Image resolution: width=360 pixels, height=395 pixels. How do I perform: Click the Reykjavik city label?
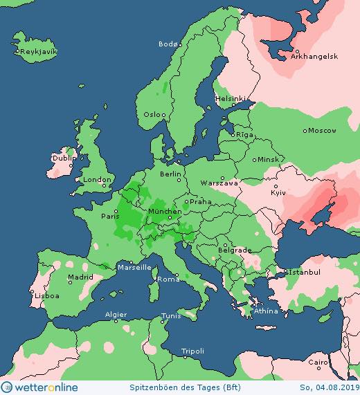pos(39,52)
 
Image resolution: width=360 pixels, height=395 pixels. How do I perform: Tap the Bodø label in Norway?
pos(168,44)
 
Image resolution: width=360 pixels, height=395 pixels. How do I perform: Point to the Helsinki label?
pos(230,98)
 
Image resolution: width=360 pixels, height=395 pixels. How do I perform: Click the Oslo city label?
pos(154,114)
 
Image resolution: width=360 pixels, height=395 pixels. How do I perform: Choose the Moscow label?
pos(322,130)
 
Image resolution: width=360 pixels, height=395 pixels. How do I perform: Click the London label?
pos(93,179)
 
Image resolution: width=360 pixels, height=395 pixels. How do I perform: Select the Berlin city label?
pos(170,174)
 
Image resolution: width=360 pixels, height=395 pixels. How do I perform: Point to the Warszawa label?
pos(219,183)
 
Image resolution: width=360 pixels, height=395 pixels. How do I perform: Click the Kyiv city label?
pos(278,192)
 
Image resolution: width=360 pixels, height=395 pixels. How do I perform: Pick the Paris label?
pos(111,216)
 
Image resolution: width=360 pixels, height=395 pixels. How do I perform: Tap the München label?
pos(165,211)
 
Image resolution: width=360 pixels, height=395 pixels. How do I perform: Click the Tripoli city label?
pos(192,351)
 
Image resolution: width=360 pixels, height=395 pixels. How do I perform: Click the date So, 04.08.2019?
pos(328,387)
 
